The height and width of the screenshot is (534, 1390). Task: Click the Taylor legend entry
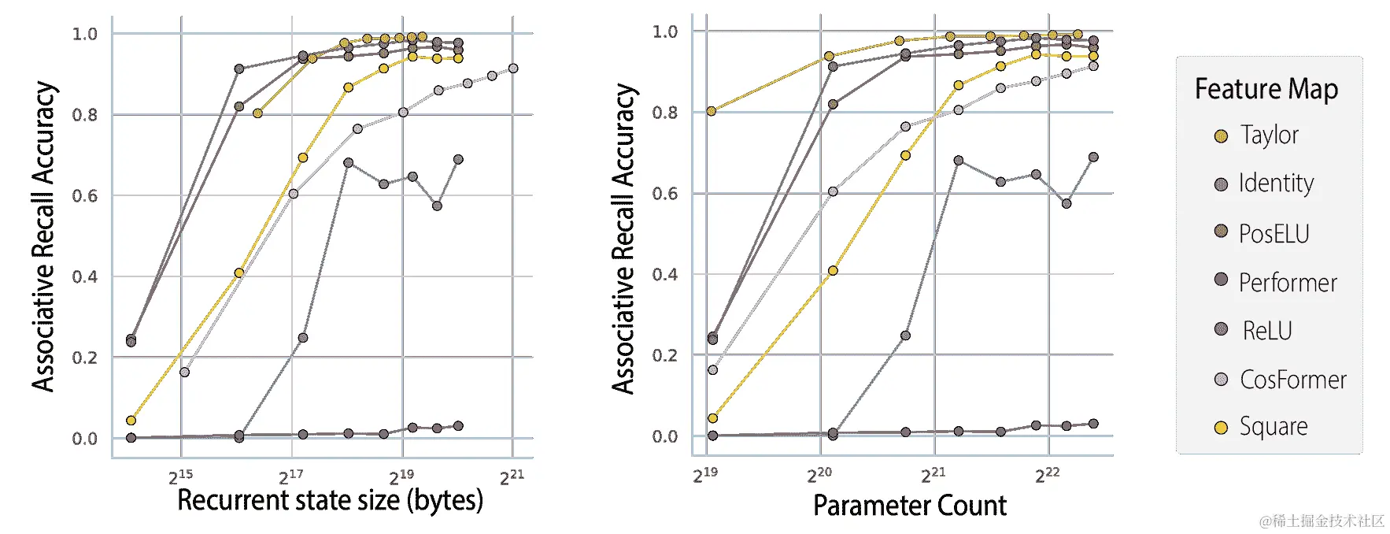coord(1268,135)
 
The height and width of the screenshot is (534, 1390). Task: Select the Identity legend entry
coord(1275,184)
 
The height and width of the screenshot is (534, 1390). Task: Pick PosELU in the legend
coord(1273,233)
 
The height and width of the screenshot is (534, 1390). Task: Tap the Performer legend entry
coord(1287,282)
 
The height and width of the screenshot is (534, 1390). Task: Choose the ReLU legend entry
coord(1266,331)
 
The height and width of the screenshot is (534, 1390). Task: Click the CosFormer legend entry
coord(1292,380)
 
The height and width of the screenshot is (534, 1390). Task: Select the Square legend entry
coord(1273,427)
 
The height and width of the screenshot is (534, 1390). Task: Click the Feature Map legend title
coord(1266,89)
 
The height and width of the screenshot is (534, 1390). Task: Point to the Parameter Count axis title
coord(909,506)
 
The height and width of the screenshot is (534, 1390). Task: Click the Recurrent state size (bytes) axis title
coord(330,500)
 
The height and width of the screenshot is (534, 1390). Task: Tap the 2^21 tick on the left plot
coord(512,477)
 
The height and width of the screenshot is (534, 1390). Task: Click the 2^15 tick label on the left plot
coord(180,477)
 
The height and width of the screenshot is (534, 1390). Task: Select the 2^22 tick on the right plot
coord(1047,475)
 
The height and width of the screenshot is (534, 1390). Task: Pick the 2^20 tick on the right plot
coord(819,475)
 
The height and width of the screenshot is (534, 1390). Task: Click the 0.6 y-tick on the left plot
coord(85,196)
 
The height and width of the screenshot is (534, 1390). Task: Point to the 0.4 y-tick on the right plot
coord(665,275)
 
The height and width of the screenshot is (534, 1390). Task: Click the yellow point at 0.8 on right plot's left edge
coord(712,111)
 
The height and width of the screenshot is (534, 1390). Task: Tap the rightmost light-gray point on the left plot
coord(513,69)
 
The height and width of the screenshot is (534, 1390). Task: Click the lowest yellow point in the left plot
coord(131,420)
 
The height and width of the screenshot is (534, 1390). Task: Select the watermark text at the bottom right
coord(1322,521)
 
